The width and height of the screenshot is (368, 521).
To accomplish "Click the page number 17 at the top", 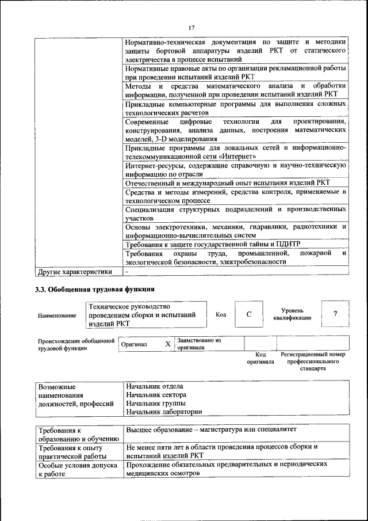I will pos(191,27).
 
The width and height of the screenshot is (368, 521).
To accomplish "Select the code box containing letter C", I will pos(248,314).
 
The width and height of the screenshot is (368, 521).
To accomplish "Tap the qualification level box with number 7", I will pos(335,314).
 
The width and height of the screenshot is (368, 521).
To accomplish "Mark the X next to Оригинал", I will pos(168,344).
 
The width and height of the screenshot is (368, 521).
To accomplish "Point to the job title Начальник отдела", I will pos(155,386).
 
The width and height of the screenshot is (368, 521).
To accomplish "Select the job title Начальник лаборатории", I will pos(164,412).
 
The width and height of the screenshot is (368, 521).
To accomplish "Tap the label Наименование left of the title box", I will pos(57,315).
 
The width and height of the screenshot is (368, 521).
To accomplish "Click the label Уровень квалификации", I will pos(293,314).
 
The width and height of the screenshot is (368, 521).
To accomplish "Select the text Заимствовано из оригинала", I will pos(199,344).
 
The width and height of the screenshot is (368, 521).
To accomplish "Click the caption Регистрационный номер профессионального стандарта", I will pos(313,362).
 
